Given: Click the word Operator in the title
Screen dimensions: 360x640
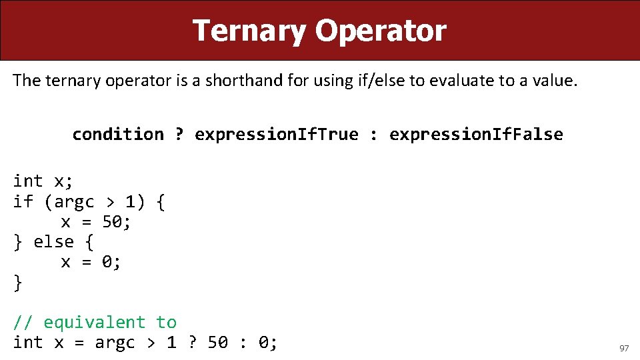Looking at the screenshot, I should pos(381,31).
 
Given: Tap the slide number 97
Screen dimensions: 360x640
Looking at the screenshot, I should pos(624,349).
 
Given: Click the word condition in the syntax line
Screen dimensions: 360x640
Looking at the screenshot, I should pos(118,135).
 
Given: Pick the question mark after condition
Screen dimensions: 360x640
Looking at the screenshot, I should pos(179,135).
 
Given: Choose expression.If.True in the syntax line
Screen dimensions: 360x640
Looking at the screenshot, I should pos(276,135).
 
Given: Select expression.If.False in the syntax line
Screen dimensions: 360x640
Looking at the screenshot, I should pos(476,135).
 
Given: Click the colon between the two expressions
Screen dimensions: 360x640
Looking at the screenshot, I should pos(373,135).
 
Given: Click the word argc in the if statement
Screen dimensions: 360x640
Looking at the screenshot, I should pos(74,201).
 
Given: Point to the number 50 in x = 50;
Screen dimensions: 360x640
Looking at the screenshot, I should pos(113,222).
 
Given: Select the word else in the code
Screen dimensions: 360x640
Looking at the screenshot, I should pos(53,242).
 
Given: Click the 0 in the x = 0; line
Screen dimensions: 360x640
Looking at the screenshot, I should pos(107,262).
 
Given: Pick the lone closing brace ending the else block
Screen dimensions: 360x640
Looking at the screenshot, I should pos(18,283).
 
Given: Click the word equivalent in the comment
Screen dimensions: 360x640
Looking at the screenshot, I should pos(95,323).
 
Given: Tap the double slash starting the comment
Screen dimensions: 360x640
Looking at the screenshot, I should pos(23,323).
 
